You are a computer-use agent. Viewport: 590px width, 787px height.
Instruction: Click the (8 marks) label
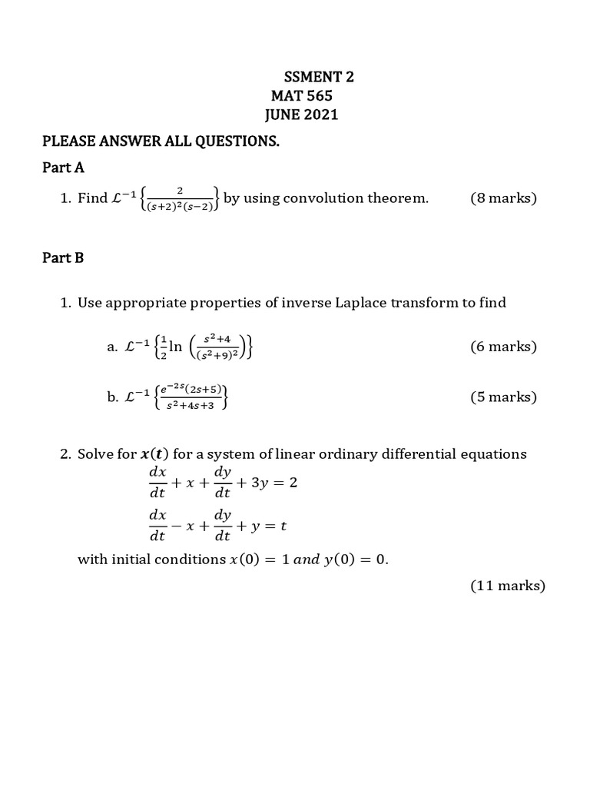tap(503, 198)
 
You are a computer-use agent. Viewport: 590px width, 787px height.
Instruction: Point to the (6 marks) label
tap(503, 347)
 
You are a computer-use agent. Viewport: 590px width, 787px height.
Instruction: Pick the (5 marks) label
tap(503, 397)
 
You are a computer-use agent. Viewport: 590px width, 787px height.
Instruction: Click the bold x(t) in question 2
tap(155, 454)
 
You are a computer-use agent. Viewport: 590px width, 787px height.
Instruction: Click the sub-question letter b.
tap(113, 397)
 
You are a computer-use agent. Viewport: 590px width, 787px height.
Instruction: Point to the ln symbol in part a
tap(175, 347)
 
